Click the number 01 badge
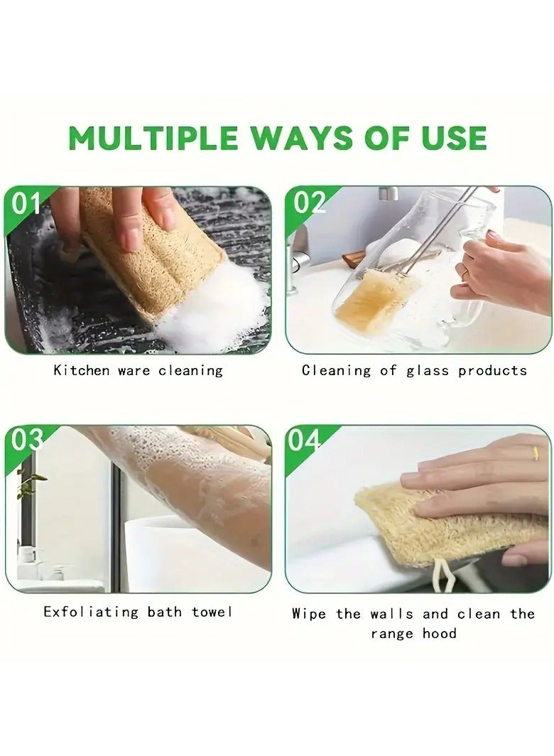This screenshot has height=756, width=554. (x=26, y=203)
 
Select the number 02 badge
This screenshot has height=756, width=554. (x=308, y=202)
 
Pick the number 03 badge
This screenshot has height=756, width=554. (x=26, y=441)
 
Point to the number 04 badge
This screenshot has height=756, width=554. (x=304, y=441)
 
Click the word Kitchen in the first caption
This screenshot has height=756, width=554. (x=82, y=370)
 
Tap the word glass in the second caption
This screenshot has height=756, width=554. (x=427, y=371)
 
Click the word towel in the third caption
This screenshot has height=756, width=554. (x=212, y=612)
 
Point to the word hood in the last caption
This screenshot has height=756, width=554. (x=439, y=633)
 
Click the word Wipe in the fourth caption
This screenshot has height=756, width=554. (x=308, y=614)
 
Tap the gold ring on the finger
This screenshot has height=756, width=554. (x=536, y=453)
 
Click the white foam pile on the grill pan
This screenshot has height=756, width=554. (x=217, y=304)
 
